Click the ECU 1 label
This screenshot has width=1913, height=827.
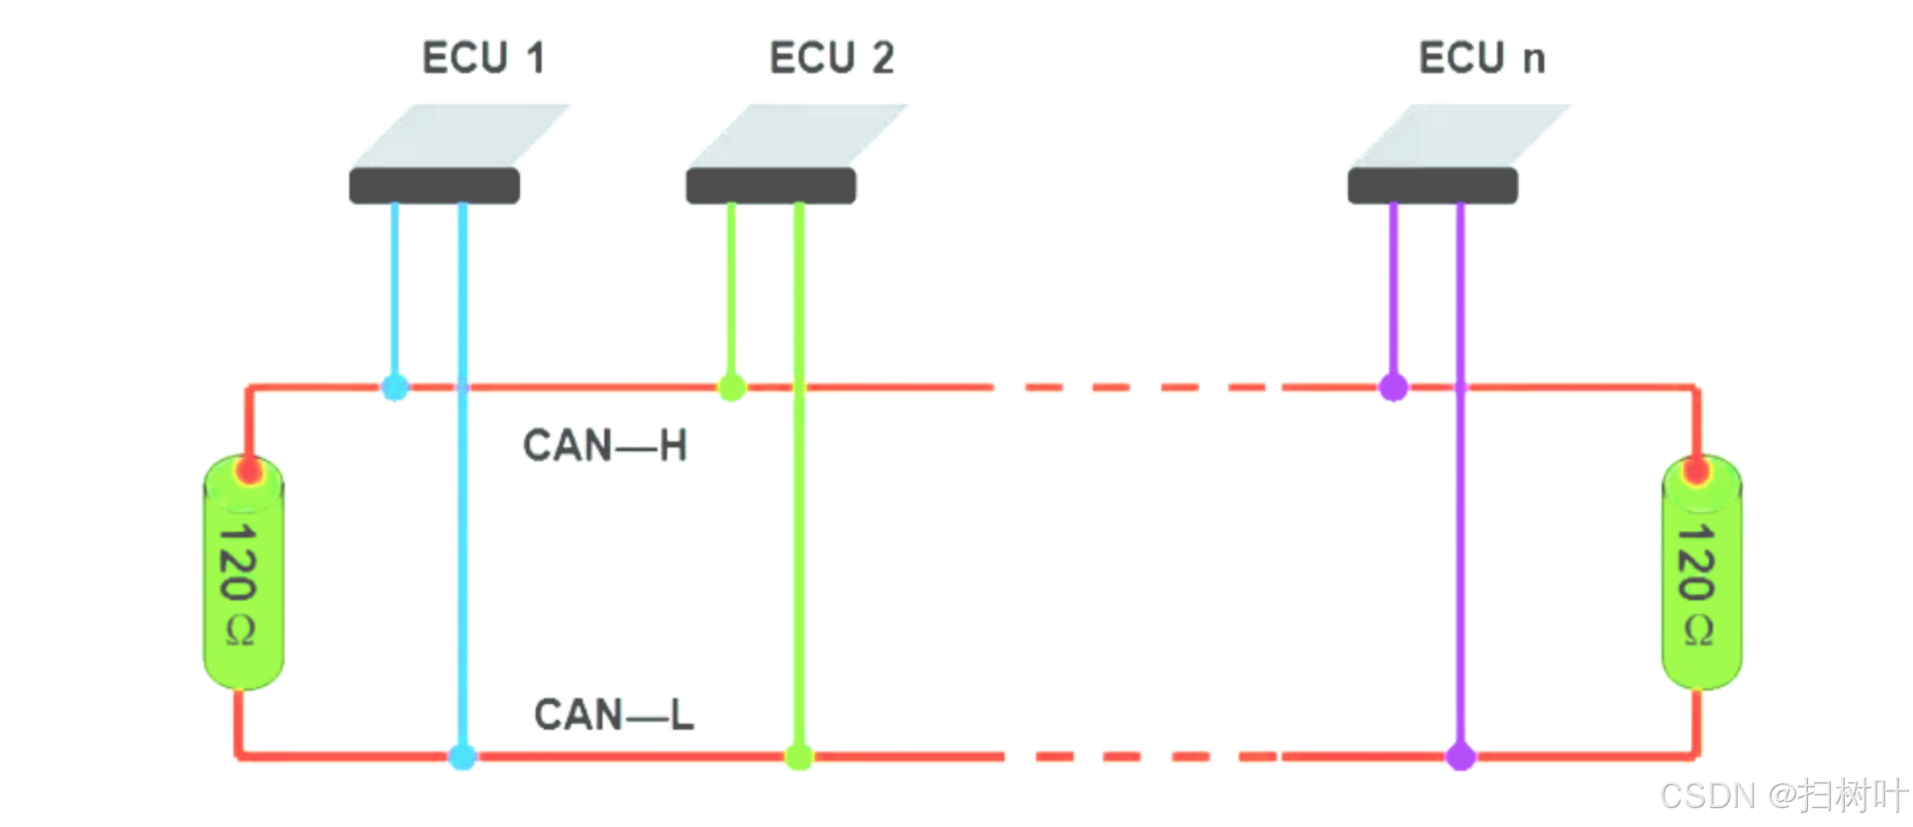coord(483,57)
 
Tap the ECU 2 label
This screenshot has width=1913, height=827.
coord(832,57)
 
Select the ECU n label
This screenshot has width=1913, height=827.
coord(1481,57)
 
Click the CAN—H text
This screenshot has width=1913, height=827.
coord(605,446)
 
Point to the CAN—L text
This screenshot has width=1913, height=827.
coord(614,714)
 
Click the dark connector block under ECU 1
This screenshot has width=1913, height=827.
coord(434,185)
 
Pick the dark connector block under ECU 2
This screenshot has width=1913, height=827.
coord(770,185)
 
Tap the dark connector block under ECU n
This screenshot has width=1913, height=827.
coord(1432,185)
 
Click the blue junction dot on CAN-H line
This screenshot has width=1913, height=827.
coord(395,387)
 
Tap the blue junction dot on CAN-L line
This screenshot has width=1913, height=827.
coord(462,757)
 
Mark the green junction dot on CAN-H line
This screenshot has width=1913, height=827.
coord(732,387)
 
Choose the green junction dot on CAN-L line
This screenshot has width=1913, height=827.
coord(799,757)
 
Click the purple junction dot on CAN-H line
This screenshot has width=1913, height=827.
coord(1393,387)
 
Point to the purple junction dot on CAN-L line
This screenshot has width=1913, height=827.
coord(1460,757)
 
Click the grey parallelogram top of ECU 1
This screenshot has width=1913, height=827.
coord(460,135)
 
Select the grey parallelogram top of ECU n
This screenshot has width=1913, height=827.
coord(1460,135)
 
